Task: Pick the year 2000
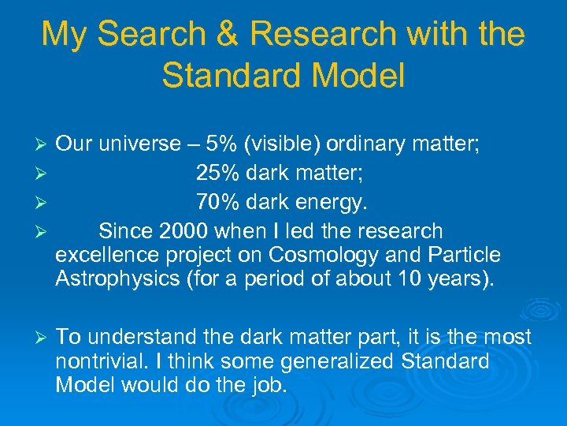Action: pyautogui.click(x=183, y=231)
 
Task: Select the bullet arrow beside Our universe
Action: pyautogui.click(x=44, y=145)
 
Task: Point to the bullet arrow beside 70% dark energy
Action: pyautogui.click(x=44, y=204)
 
